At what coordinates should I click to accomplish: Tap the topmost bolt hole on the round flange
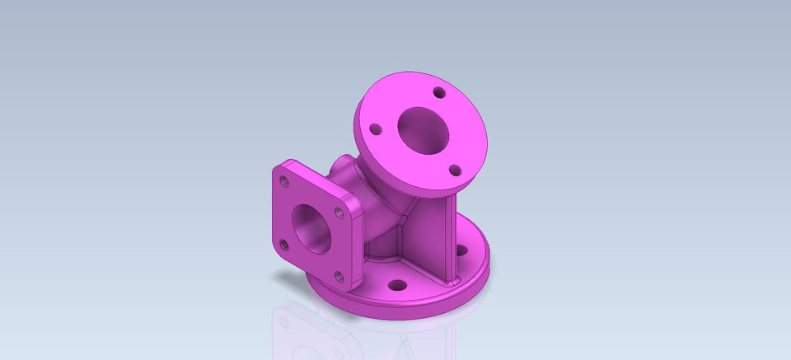[x=439, y=92]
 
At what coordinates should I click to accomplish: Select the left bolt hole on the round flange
[x=375, y=129]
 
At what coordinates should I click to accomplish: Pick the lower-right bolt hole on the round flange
[x=452, y=170]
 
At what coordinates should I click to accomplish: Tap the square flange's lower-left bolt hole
[x=283, y=244]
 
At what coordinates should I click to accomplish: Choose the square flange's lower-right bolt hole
[x=336, y=274]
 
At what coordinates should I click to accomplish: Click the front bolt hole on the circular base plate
[x=396, y=285]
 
